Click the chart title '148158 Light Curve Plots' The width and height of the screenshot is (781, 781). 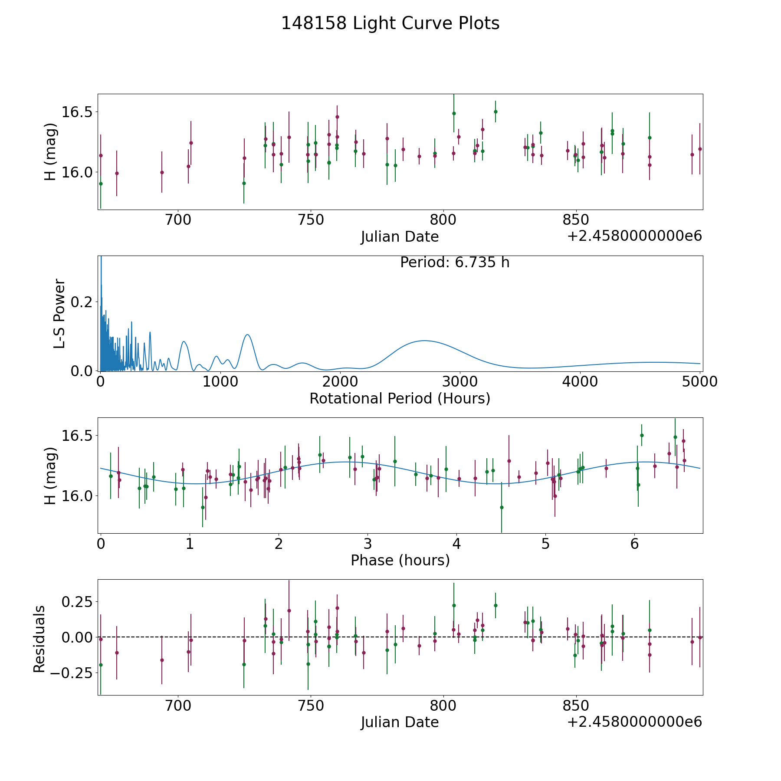(390, 23)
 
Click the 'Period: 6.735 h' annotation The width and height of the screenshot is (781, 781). (455, 263)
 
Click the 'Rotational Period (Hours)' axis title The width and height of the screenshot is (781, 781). (400, 398)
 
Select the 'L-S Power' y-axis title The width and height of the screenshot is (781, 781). (59, 313)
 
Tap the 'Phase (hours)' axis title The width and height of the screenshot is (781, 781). (400, 560)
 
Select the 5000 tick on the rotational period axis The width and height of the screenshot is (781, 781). (699, 382)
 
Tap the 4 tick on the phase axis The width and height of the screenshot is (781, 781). (457, 544)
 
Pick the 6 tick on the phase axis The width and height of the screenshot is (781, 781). (635, 544)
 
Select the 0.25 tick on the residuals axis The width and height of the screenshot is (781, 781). (78, 602)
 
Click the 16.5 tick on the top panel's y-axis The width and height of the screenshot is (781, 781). (78, 112)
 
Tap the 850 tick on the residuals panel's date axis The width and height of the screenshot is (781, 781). (576, 706)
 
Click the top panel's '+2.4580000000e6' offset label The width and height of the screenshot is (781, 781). (634, 236)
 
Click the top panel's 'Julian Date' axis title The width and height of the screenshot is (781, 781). (400, 237)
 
